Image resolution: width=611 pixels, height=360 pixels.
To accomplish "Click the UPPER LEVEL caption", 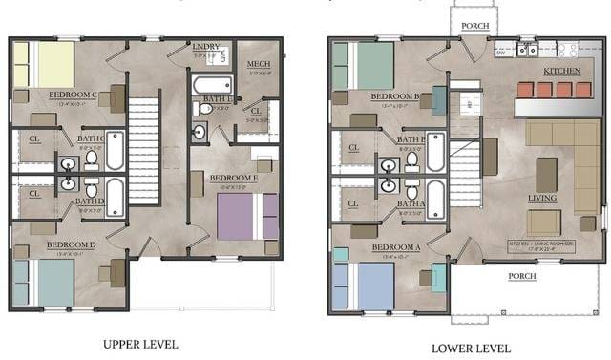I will tap(139, 344).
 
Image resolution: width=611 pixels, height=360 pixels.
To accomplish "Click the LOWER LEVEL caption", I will tap(470, 348).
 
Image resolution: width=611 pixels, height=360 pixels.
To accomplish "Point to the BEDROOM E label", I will tap(235, 178).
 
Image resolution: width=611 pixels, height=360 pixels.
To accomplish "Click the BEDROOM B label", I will tap(395, 95).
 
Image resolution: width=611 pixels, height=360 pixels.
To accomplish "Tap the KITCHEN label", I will tap(560, 71).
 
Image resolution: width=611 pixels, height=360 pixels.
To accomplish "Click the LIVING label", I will tap(543, 198).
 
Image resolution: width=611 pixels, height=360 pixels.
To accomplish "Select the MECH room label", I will tap(258, 64).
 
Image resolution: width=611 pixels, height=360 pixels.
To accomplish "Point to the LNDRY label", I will tap(206, 46).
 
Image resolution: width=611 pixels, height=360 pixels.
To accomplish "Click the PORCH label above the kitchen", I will tap(474, 27).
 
